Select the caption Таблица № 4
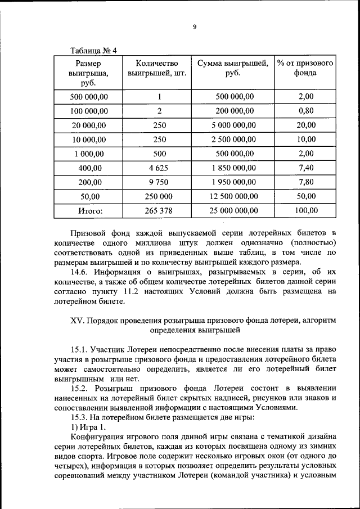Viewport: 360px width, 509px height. coord(93,51)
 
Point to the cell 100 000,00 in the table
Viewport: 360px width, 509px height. coord(89,111)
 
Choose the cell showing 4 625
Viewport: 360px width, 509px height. coord(159,168)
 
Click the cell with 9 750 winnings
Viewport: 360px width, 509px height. coord(159,182)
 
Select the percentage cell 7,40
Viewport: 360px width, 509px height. coord(306,168)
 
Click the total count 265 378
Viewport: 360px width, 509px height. coord(159,210)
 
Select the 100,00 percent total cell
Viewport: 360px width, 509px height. coord(306,210)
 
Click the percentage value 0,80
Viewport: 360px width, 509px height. coord(306,111)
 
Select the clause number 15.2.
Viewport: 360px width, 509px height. coord(80,388)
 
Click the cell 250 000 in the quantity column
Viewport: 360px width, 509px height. coord(159,196)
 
